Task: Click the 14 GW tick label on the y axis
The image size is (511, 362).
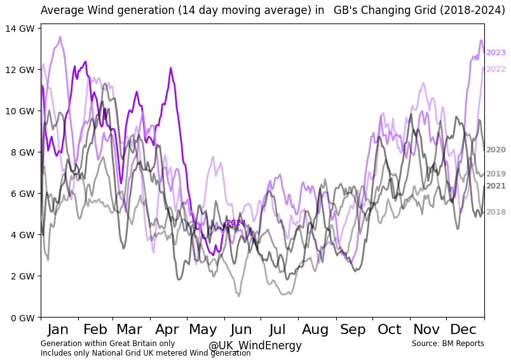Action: [19, 28]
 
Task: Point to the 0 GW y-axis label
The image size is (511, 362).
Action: [21, 318]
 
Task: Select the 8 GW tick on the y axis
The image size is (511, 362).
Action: [21, 152]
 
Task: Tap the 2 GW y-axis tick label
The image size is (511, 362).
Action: [21, 276]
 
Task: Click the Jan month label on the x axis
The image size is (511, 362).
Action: [58, 330]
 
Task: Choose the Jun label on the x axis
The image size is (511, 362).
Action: [241, 330]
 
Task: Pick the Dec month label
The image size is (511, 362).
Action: [463, 330]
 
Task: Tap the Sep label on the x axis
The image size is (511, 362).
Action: [353, 330]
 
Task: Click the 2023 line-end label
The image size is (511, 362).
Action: [496, 53]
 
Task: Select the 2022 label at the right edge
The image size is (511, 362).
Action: [496, 69]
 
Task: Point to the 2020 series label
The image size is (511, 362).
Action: [496, 150]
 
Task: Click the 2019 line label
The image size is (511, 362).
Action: [496, 174]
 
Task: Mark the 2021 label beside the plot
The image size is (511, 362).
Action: [496, 186]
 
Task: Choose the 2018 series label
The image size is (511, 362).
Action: [496, 212]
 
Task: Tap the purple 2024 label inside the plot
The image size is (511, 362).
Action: [236, 223]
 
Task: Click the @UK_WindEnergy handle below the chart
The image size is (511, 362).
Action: [255, 346]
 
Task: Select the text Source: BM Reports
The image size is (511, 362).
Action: [447, 344]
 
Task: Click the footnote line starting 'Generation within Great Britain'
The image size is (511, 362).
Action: [107, 344]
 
